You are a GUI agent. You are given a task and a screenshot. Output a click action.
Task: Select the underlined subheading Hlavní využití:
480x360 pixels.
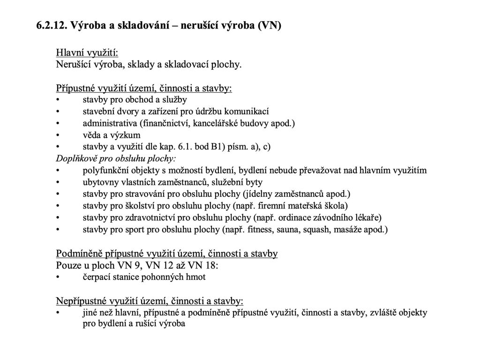tap(87, 52)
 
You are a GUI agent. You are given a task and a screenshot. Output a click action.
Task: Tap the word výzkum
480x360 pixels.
tap(126, 135)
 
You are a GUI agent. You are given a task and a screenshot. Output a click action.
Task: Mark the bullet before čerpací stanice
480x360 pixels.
tap(58, 277)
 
